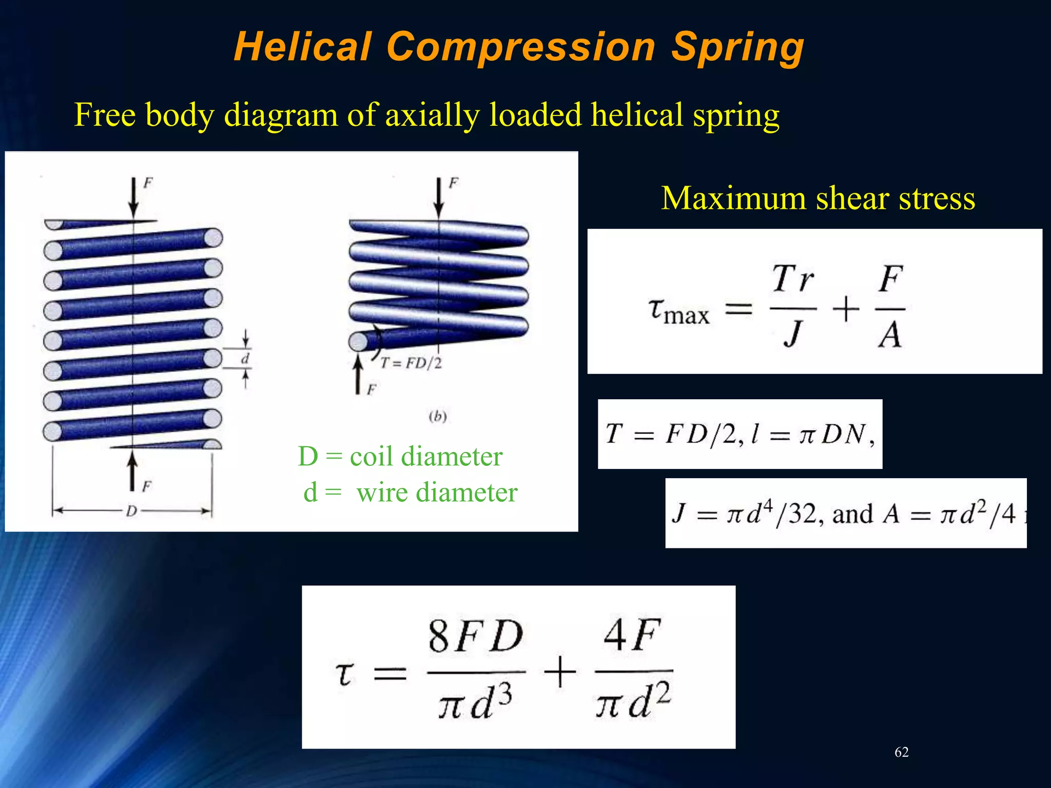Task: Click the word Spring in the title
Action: pos(737,48)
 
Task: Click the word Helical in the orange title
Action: pos(302,47)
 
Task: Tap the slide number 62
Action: pos(901,752)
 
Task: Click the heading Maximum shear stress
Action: pos(818,198)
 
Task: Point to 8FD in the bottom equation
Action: pos(475,636)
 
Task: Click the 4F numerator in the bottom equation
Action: pos(631,635)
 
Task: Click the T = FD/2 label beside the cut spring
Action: pos(411,363)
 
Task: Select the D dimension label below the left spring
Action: pos(132,511)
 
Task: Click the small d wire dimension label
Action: pos(245,359)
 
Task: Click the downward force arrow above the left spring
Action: pos(133,198)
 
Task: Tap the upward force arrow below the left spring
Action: pos(132,469)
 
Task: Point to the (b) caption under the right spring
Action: pos(437,416)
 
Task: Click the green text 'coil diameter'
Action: pos(426,456)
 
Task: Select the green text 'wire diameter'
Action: pos(437,493)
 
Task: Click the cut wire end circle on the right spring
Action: pos(358,342)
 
